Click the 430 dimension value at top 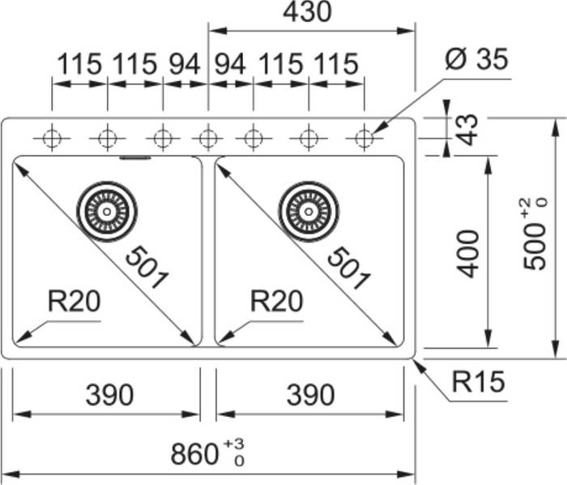point(307,11)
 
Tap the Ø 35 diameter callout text point(476,59)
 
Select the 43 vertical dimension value point(467,130)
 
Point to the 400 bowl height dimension point(467,253)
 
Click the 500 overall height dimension point(535,234)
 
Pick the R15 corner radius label point(478,381)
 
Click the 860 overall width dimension point(207,453)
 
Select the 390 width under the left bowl point(109,395)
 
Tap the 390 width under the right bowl point(310,395)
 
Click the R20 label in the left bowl point(75,301)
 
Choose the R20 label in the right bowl point(277,301)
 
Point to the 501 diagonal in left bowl point(147,268)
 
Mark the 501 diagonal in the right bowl point(348,268)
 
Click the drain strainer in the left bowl point(107,212)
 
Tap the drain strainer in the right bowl point(309,212)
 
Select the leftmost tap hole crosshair point(52,138)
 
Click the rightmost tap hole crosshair point(364,138)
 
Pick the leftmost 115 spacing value point(79,64)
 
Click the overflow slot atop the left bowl point(135,157)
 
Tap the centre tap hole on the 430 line point(208,138)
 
